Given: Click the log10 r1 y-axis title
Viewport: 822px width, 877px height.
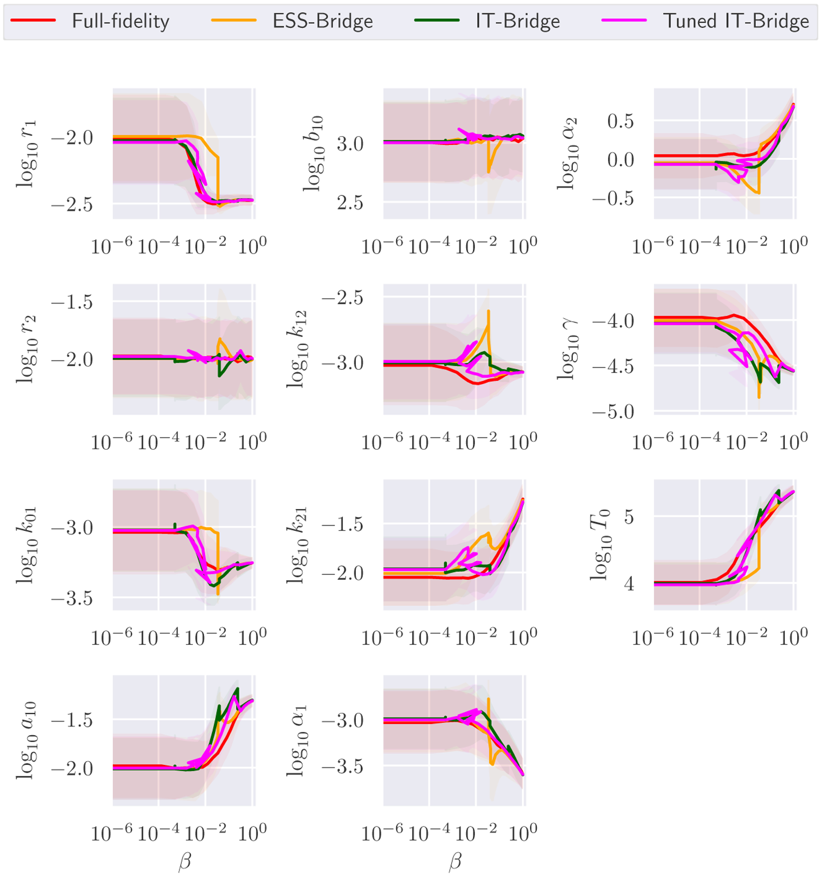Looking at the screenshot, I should coord(26,154).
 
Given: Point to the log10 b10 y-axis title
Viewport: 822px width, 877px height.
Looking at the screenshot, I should coord(313,154).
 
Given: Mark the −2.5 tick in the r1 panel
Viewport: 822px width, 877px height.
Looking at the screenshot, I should coord(72,205).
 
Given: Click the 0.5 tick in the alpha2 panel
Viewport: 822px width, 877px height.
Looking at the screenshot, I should coord(620,121).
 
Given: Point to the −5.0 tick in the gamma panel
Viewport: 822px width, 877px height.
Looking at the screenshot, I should coord(613,412).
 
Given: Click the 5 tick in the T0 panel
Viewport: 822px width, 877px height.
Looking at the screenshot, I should coord(629,516).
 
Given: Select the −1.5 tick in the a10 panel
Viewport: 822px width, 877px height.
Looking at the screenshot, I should coord(72,720).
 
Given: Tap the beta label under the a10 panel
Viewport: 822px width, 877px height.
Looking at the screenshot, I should coord(184,861).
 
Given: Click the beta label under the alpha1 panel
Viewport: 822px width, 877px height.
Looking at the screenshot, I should coord(454,861).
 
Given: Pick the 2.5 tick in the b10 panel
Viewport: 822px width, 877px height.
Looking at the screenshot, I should coord(350,202).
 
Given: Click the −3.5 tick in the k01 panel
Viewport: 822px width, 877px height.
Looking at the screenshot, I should coord(72,598).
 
